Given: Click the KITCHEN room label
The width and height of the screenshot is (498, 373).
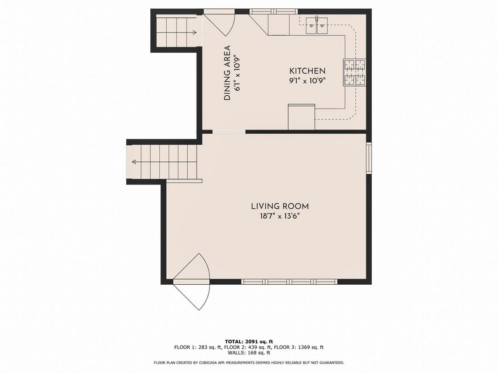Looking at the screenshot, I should coord(308,71).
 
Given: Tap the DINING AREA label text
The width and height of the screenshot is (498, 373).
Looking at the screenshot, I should coord(226,73).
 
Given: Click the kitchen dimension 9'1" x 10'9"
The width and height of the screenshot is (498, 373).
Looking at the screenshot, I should coord(308,81).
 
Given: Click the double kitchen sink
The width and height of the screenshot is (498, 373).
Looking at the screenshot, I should coord(316,25).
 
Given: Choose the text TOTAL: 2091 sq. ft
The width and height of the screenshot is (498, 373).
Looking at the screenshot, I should coord(249,341).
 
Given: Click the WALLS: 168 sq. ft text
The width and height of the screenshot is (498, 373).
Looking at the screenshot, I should coord(249,353).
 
